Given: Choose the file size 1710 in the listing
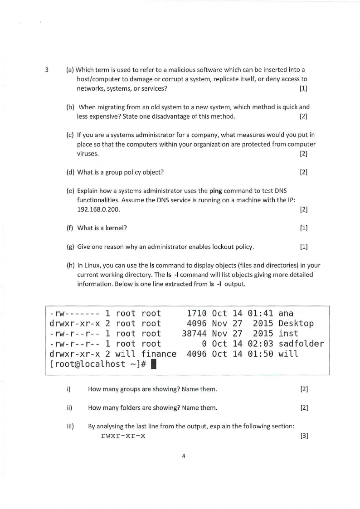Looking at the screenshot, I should coord(197,313).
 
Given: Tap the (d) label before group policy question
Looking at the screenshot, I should coord(70,172).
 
